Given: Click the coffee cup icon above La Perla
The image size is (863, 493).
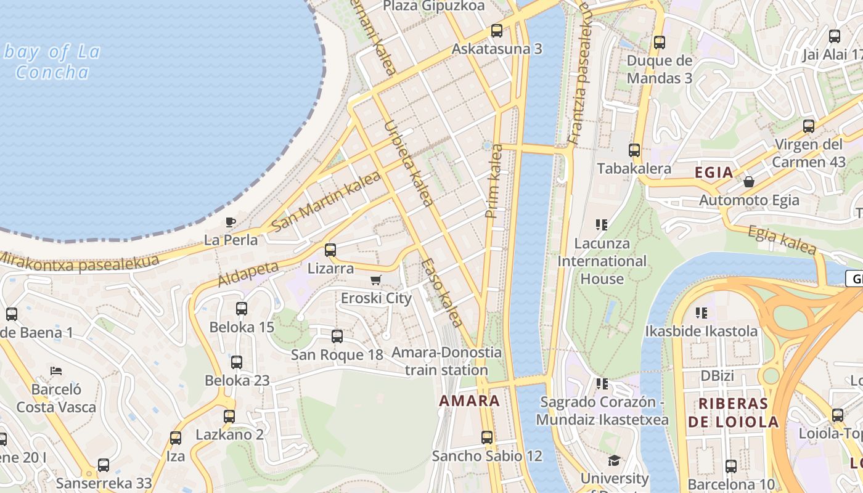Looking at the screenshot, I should click(x=231, y=222).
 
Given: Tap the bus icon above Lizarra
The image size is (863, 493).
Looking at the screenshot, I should click(x=330, y=250).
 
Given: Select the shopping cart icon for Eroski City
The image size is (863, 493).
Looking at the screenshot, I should click(x=376, y=280).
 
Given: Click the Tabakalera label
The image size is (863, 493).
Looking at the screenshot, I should click(x=634, y=168).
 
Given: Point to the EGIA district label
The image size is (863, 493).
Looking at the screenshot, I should click(x=714, y=173).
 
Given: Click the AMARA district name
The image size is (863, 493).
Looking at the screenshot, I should click(x=469, y=401).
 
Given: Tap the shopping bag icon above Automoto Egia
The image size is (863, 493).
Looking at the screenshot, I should click(x=749, y=182).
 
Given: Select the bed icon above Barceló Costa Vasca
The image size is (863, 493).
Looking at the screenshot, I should click(x=56, y=371).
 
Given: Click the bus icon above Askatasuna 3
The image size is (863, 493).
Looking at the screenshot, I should click(x=497, y=30).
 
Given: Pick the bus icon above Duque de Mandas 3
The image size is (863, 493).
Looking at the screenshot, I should click(x=660, y=43).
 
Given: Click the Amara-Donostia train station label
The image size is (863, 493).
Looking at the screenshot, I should click(x=447, y=361).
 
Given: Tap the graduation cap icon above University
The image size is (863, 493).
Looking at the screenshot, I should click(x=614, y=460).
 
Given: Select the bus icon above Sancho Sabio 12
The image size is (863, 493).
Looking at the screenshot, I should click(x=487, y=438).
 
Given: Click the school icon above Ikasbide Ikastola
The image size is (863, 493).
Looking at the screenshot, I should click(x=701, y=312).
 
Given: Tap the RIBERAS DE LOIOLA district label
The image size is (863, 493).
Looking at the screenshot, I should click(x=733, y=413).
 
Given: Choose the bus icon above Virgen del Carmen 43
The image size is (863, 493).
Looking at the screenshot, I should click(x=809, y=126).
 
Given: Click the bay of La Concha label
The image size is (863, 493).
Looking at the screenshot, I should click(x=52, y=62).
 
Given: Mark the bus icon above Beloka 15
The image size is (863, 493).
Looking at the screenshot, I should click(x=242, y=309).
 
